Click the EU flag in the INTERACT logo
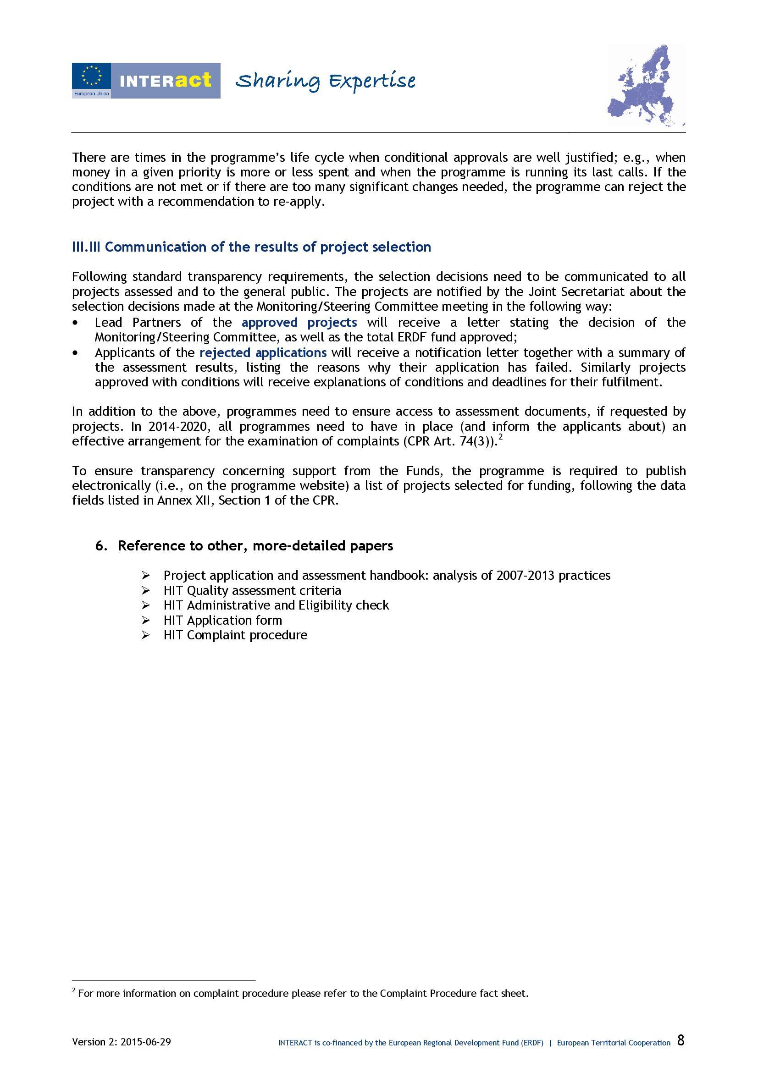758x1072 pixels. click(x=91, y=76)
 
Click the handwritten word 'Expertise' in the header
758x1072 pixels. click(x=372, y=81)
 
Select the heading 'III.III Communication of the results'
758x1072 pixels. click(x=251, y=247)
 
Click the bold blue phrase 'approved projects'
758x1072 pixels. click(x=299, y=323)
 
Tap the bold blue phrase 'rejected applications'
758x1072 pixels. click(x=263, y=352)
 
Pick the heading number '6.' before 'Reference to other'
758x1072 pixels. click(x=102, y=546)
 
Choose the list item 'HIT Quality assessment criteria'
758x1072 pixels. click(x=252, y=591)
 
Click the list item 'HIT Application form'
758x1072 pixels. click(x=223, y=621)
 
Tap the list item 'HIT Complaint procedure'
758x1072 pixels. click(x=235, y=635)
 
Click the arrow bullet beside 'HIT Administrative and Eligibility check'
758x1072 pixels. click(x=146, y=605)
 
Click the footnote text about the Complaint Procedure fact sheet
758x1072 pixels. click(x=303, y=994)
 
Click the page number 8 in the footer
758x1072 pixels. click(x=681, y=1041)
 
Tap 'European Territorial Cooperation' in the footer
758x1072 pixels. click(x=614, y=1043)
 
